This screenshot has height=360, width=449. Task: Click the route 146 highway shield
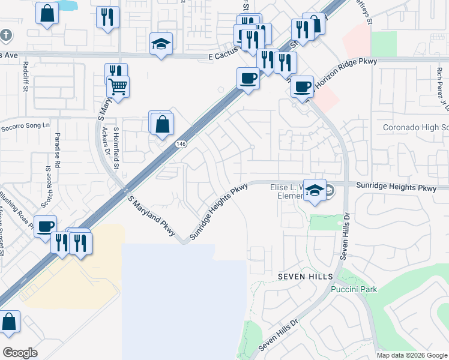[181, 144]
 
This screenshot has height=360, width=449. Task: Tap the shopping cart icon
[118, 87]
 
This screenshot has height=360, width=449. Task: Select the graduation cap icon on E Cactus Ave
[161, 44]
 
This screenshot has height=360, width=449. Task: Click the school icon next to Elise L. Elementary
[315, 190]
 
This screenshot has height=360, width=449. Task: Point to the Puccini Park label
[354, 289]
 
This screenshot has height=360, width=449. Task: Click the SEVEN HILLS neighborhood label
[305, 275]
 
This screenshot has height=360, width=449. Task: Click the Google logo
[20, 352]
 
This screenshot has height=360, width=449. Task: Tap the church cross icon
[6, 34]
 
